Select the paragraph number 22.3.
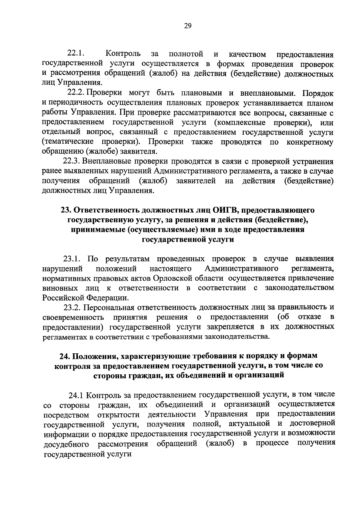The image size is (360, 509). (71, 162)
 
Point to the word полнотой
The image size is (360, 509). (186, 54)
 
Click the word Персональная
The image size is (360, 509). (109, 307)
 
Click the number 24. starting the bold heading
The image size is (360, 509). (65, 356)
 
